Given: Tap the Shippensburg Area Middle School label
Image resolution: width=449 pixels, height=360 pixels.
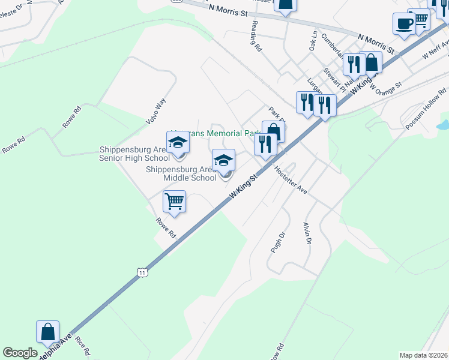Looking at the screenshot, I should tap(181, 173).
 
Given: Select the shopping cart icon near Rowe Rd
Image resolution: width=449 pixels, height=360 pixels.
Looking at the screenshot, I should tap(174, 202).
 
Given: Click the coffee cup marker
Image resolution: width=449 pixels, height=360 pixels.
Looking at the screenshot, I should tap(404, 23).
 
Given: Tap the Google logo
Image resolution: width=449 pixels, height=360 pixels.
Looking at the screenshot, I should tap(20, 353).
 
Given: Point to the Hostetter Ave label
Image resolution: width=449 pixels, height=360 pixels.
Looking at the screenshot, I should tap(291, 180).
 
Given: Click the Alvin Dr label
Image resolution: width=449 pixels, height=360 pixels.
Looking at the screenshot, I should tap(307, 233).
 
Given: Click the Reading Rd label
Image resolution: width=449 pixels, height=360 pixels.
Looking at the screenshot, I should tap(255, 38).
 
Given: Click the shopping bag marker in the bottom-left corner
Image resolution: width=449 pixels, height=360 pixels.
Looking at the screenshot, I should tap(47, 331).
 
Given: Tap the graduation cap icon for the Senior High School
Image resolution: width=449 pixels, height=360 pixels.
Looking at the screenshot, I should tap(178, 143).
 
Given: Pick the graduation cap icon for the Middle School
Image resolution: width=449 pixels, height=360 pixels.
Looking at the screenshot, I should tap(224, 161).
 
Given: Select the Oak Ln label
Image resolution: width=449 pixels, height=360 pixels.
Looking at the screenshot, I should tap(313, 41).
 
